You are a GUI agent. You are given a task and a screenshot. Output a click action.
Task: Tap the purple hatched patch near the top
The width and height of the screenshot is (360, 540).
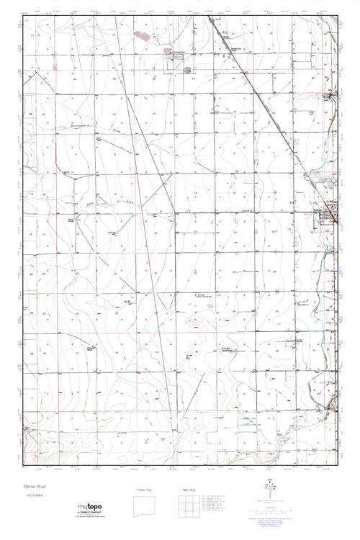141,33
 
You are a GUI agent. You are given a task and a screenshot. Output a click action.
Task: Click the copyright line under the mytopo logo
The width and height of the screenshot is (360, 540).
89,520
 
